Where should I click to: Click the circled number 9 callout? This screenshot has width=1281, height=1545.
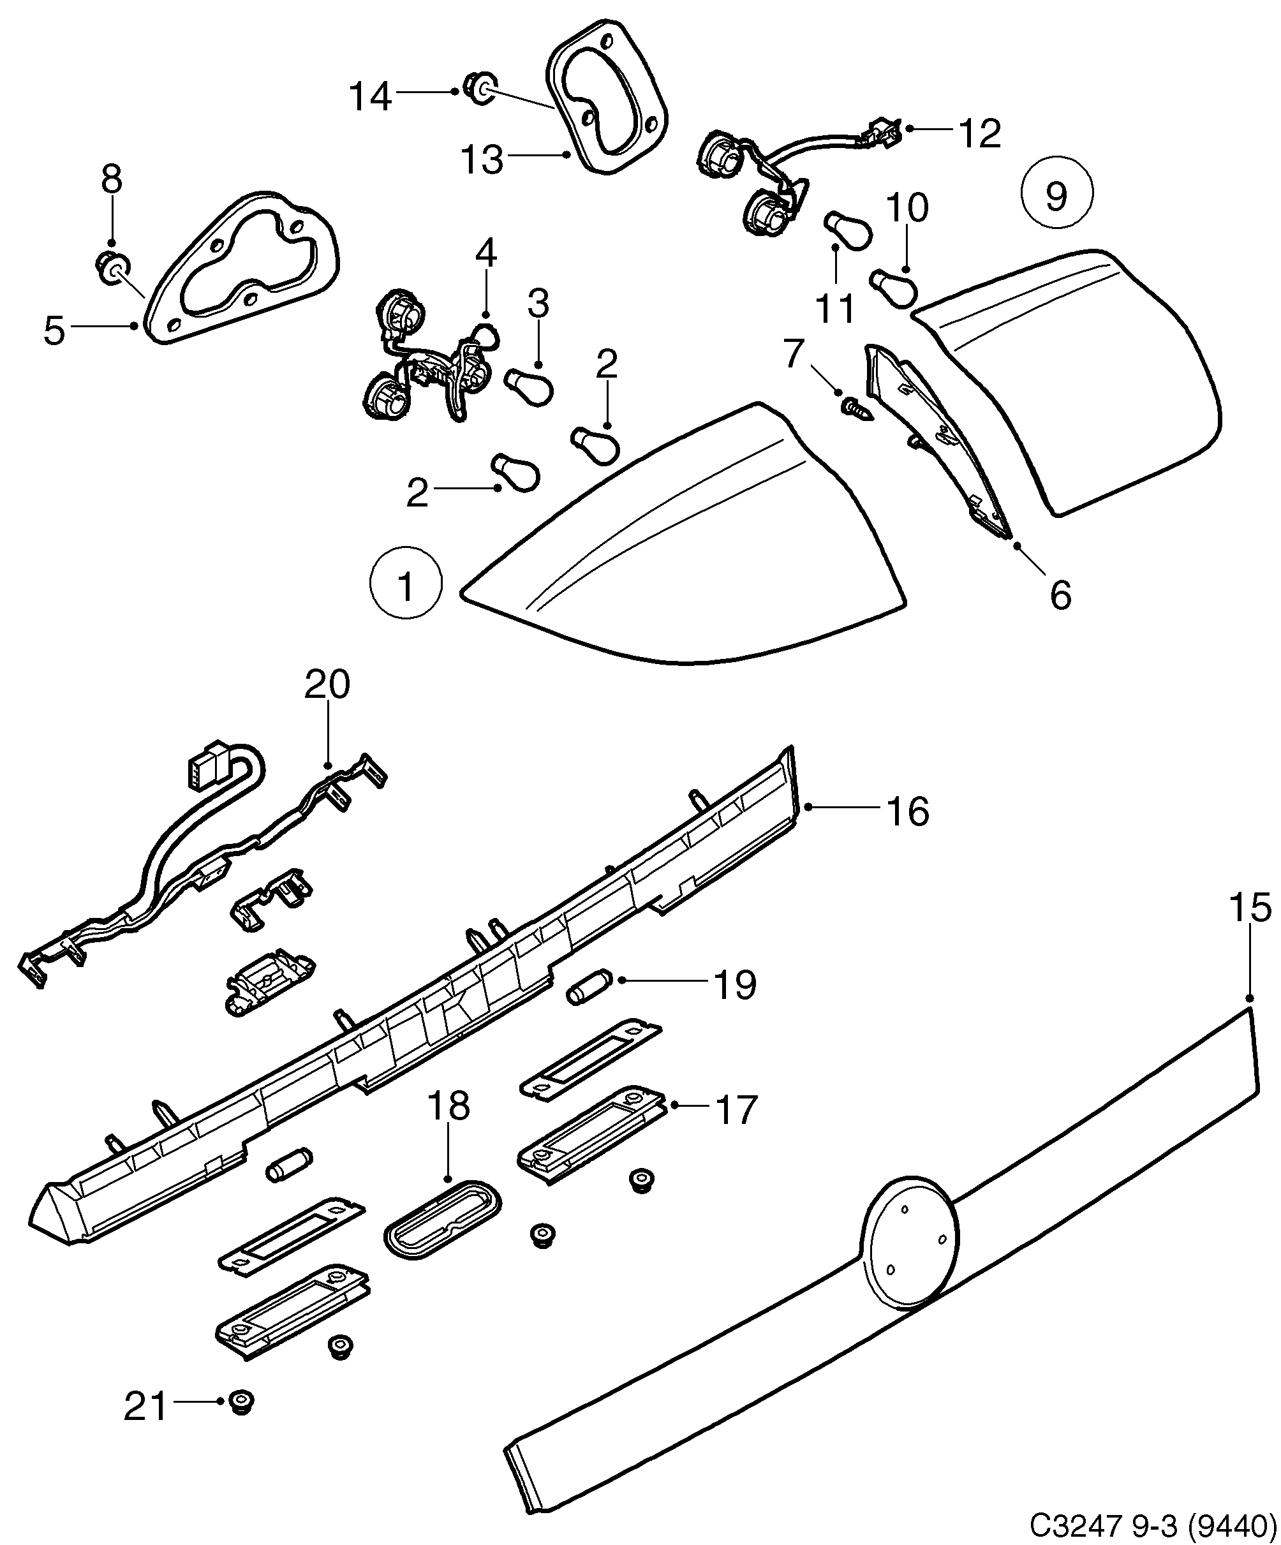[x=1056, y=193]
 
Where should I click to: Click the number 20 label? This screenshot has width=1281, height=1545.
[x=327, y=685]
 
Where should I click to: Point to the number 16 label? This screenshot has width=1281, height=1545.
[x=908, y=811]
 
